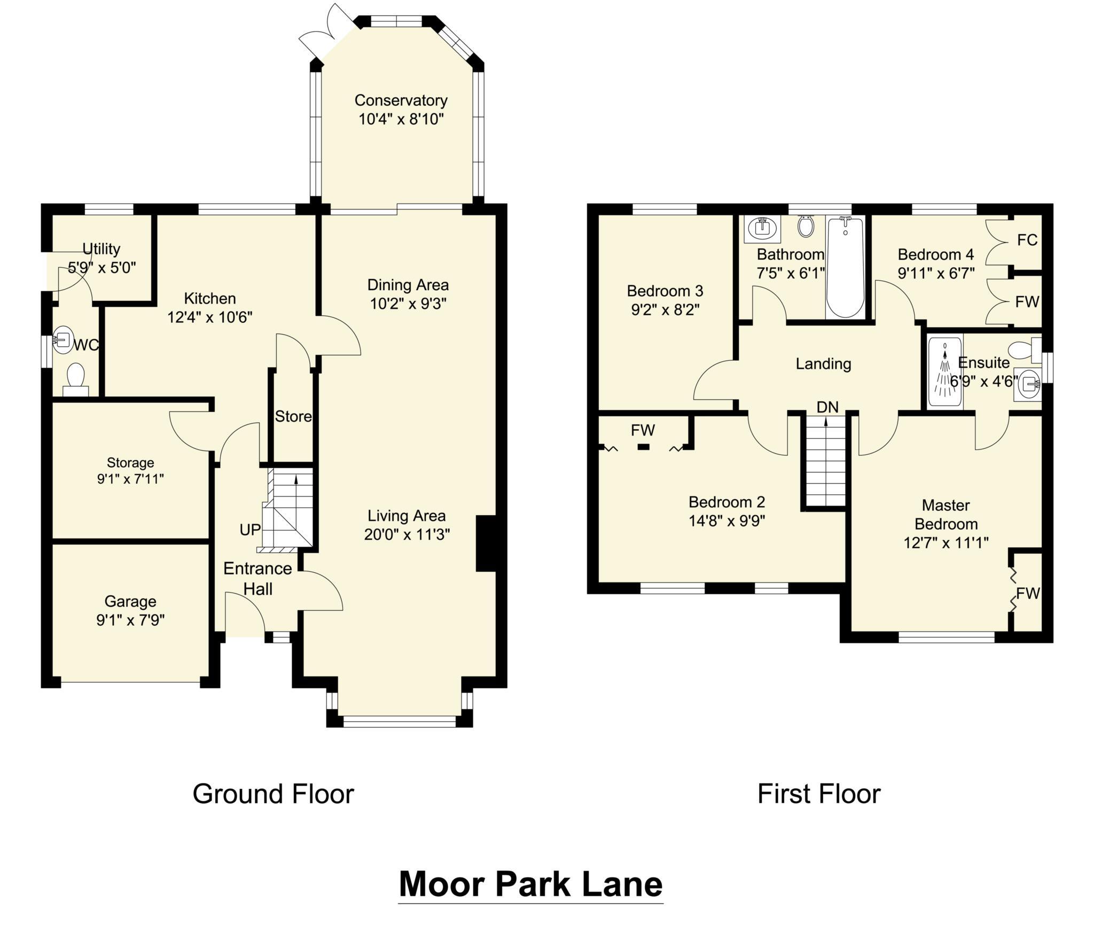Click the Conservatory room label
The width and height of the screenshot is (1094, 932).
401,100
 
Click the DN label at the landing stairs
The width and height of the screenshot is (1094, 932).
827,407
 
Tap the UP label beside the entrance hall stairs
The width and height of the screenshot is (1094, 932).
250,530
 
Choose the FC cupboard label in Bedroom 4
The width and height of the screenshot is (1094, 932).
1027,240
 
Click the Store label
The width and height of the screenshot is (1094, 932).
293,416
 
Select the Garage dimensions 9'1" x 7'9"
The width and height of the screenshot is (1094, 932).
130,620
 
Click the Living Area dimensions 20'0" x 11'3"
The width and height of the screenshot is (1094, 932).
407,534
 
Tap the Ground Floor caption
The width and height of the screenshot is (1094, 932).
273,794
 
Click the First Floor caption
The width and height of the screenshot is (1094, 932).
818,794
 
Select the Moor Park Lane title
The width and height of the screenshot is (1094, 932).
530,884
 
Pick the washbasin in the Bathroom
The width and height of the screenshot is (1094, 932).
762,229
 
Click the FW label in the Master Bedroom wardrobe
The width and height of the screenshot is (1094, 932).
1028,593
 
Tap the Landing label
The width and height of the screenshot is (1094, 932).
823,364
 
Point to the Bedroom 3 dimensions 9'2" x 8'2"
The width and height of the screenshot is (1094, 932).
665,310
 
